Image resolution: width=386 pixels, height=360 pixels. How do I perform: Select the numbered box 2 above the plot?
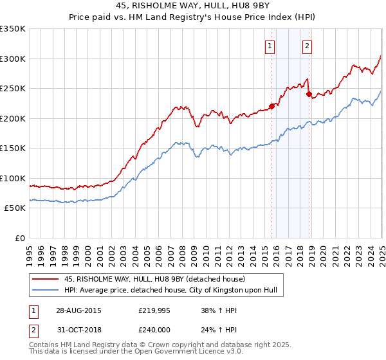click(308, 46)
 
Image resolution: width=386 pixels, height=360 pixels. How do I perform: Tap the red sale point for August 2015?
click(271, 107)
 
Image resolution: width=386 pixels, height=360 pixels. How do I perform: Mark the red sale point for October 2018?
click(309, 94)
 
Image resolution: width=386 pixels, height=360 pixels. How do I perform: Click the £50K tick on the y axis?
click(15, 208)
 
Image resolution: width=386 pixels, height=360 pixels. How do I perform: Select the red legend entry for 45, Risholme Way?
click(154, 279)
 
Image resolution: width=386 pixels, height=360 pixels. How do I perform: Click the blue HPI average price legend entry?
click(170, 291)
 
